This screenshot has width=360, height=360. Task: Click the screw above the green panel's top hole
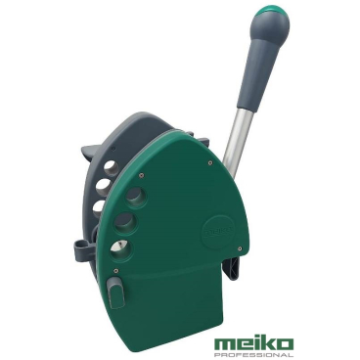(141, 177)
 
